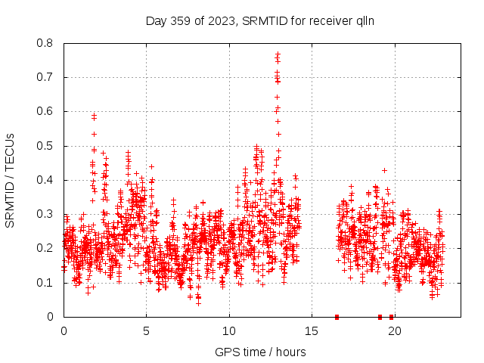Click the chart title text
[260, 20]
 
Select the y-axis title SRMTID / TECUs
[11, 180]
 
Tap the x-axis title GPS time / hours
[260, 352]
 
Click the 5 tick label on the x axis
[146, 330]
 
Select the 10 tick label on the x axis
[229, 330]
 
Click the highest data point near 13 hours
[278, 54]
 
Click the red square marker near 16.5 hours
[337, 317]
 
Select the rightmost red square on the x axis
[391, 317]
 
